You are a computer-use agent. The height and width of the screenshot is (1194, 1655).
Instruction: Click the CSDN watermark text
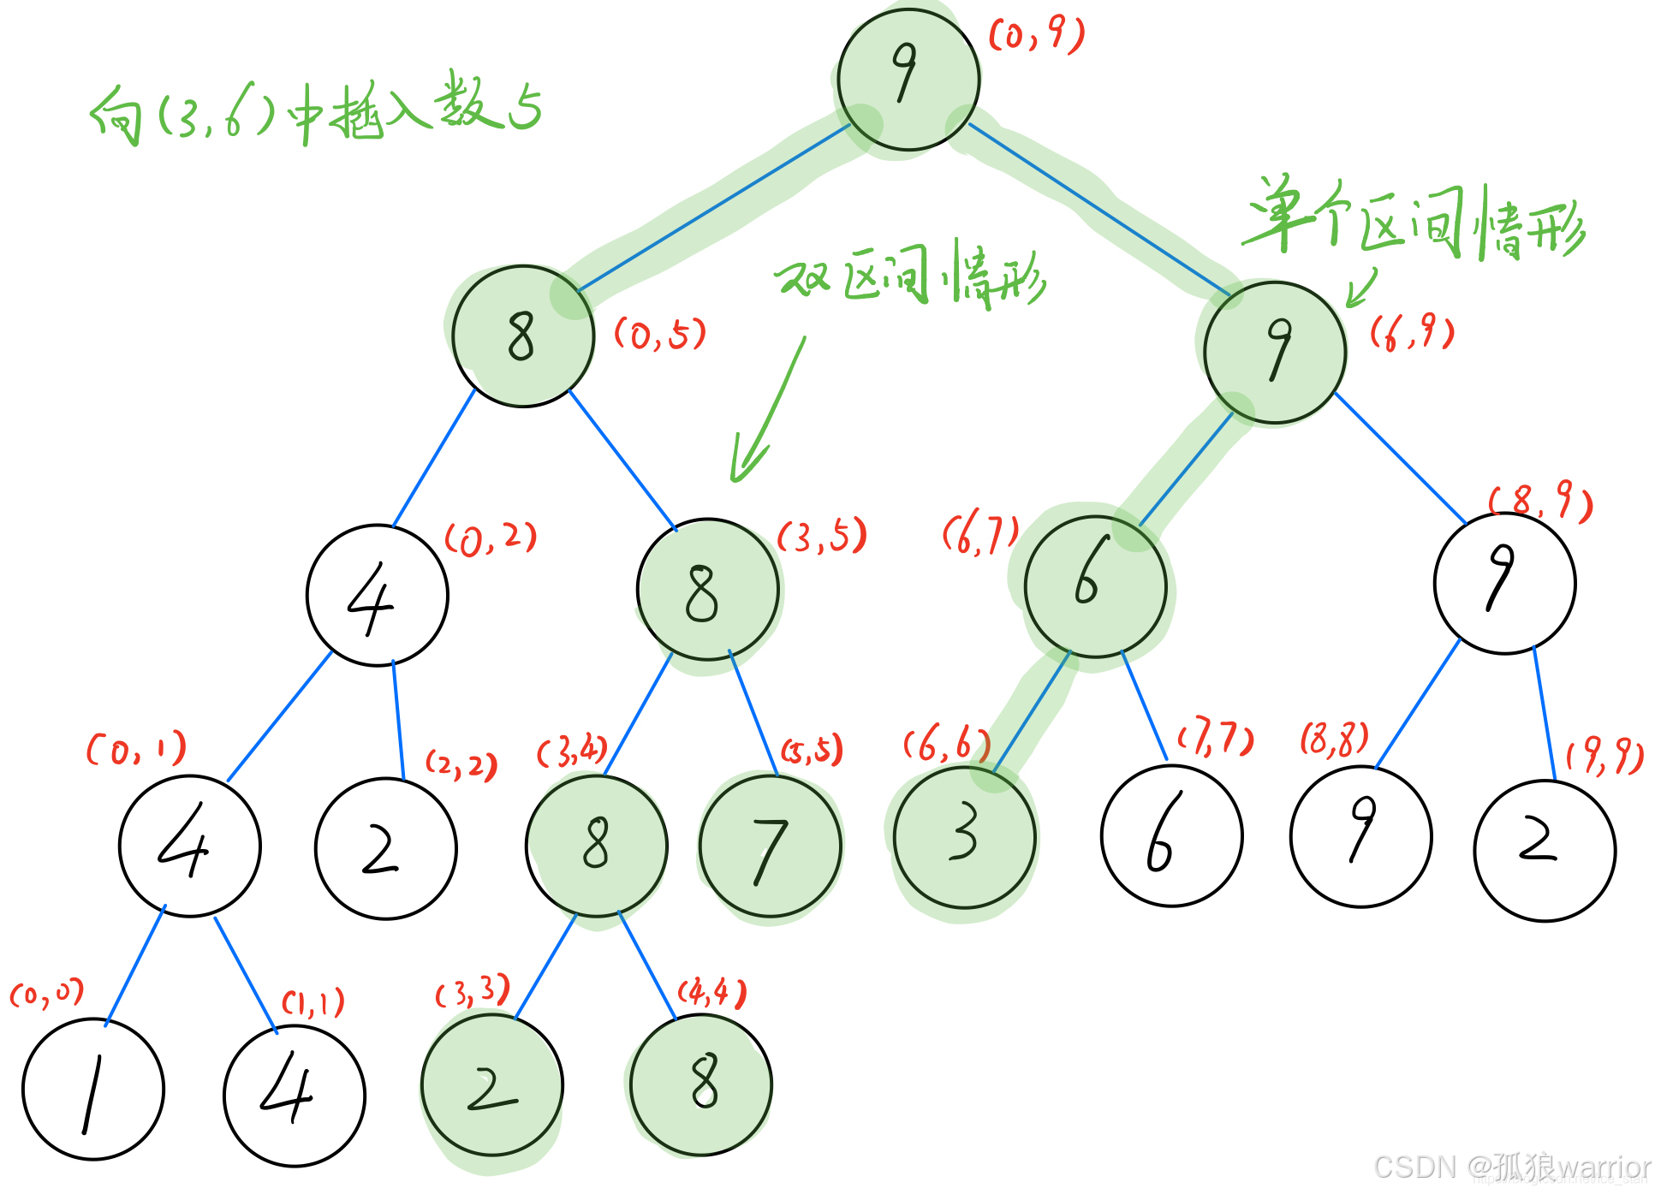coord(1511,1167)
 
